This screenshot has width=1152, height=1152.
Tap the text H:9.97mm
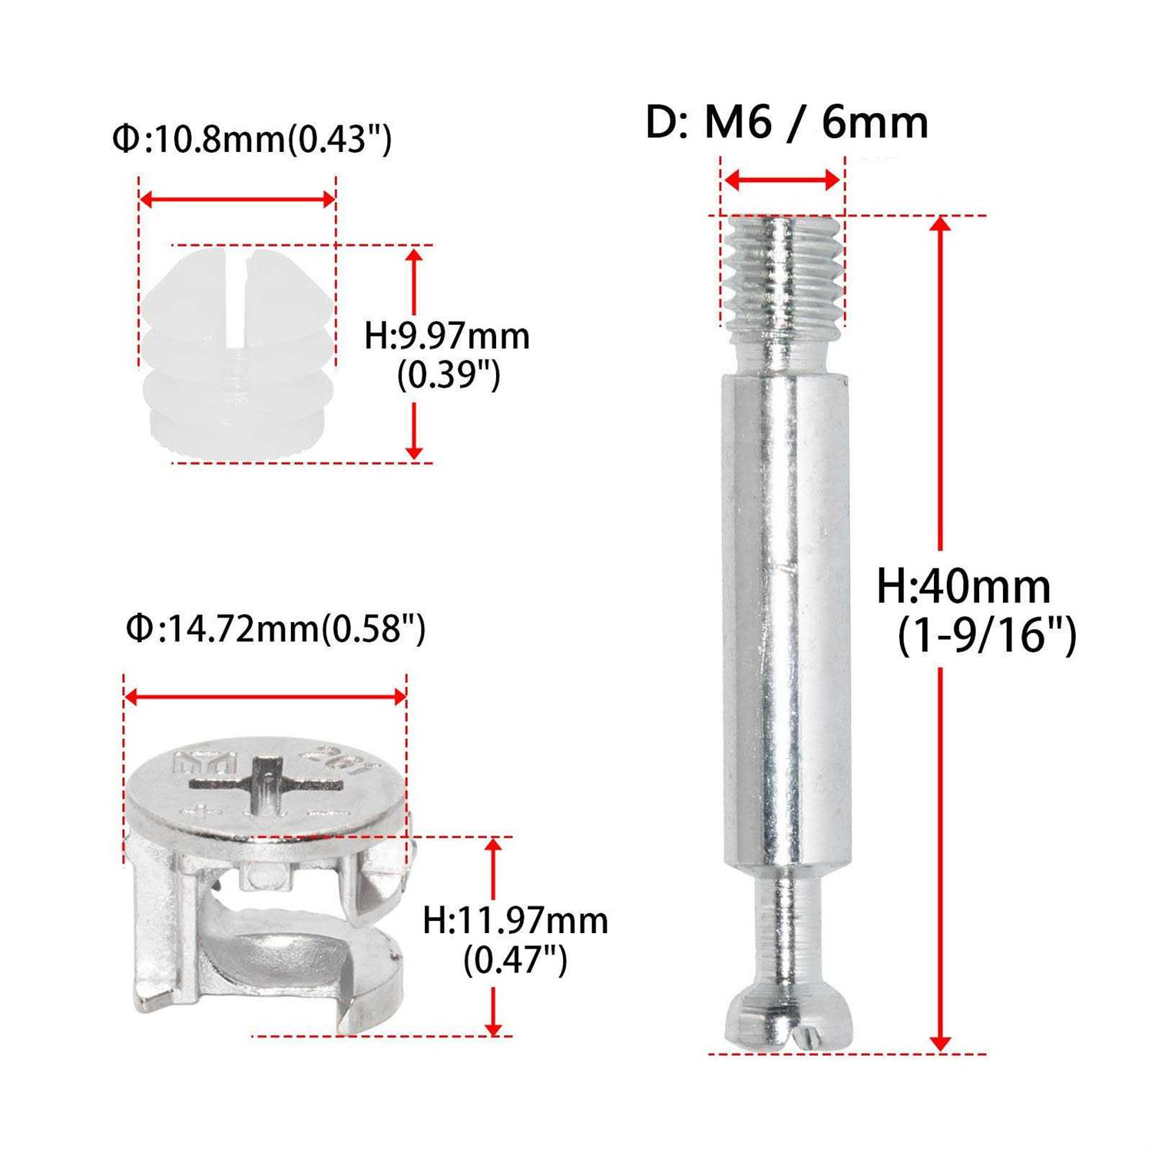(447, 336)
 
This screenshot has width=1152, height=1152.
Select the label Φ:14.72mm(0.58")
(276, 629)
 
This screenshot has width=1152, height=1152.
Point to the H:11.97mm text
(515, 919)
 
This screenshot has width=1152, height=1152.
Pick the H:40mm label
(963, 588)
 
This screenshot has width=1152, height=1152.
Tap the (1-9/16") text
(987, 635)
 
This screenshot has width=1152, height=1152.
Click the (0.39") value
(449, 376)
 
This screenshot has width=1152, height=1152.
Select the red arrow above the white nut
(237, 200)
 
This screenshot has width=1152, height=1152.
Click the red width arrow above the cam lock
(265, 697)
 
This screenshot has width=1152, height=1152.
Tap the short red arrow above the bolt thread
(782, 181)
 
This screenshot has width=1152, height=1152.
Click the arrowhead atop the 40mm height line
(940, 224)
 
